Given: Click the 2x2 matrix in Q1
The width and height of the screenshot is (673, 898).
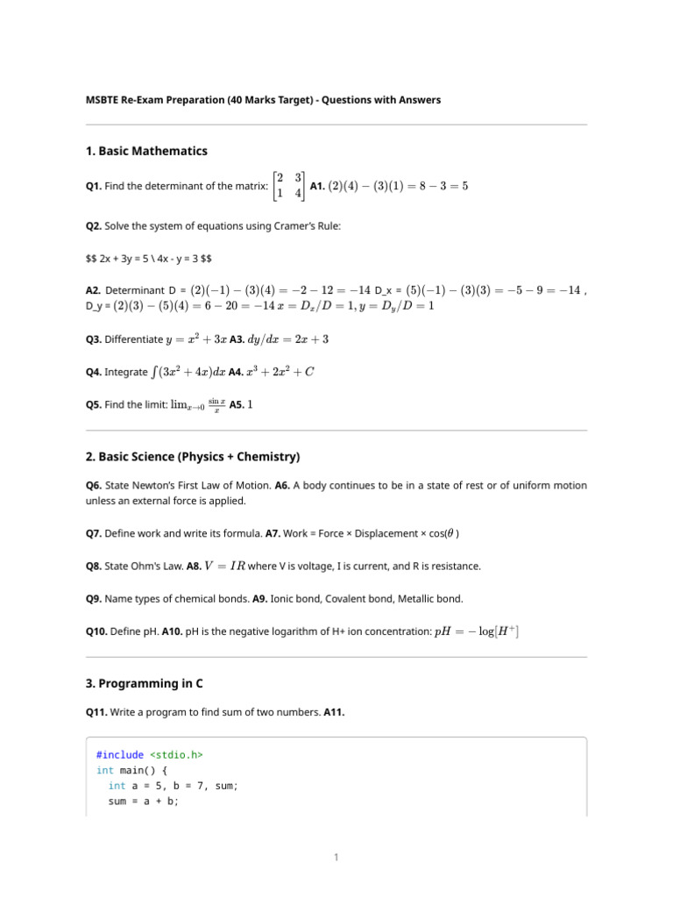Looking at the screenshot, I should tap(289, 185).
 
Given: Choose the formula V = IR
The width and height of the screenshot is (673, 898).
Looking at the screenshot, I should tap(224, 566).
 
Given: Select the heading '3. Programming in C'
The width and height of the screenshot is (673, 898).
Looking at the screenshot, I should tap(145, 682).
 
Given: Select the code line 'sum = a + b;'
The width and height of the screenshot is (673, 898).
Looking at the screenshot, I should tap(144, 802).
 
